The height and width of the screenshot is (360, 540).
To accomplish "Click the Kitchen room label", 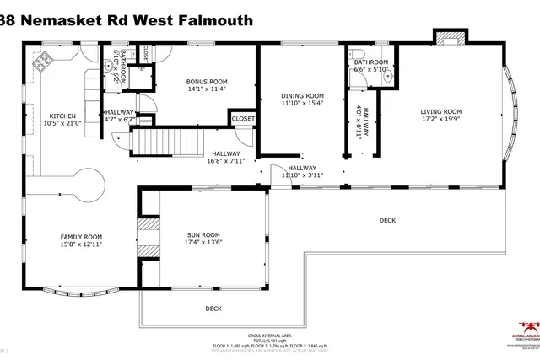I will (x=62, y=116).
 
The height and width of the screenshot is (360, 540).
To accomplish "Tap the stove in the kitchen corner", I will (x=41, y=61).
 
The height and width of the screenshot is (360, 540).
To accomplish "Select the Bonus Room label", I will (x=207, y=82).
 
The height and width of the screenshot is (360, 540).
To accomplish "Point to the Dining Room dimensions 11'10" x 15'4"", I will (x=302, y=104).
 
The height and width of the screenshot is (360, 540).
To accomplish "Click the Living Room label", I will (x=441, y=111).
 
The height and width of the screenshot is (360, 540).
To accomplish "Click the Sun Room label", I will (x=203, y=235).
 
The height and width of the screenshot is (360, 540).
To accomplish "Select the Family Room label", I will (x=80, y=237).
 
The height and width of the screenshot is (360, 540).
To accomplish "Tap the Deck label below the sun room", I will (x=214, y=309).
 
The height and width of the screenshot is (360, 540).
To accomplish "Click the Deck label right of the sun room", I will (x=387, y=220).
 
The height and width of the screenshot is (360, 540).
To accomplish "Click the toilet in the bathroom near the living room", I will (x=353, y=75).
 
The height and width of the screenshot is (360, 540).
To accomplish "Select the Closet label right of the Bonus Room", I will (x=243, y=120).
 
